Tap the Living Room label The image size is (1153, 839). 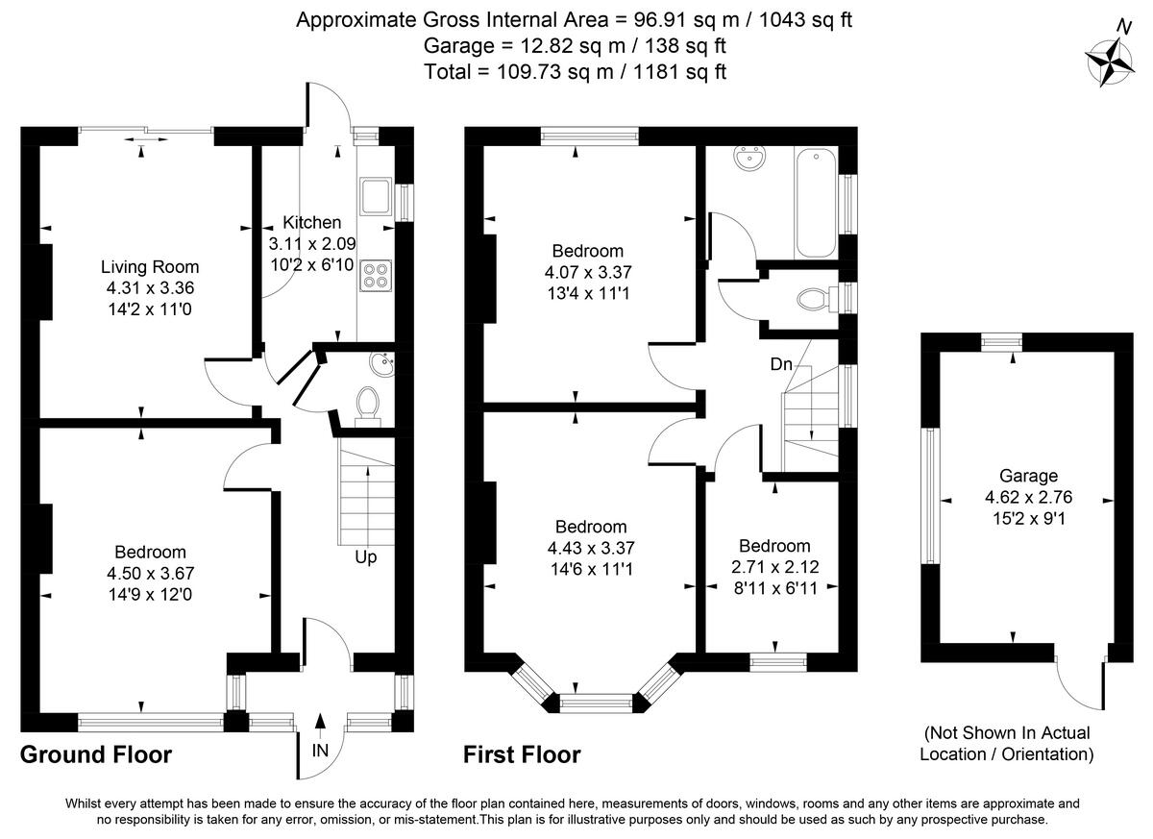150,267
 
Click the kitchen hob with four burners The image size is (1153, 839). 375,276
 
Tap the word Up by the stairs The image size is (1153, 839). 365,557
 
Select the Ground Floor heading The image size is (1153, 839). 96,754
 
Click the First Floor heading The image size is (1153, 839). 522,754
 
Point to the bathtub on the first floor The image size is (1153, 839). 817,203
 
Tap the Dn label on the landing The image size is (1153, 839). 781,365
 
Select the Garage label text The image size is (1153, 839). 1028,476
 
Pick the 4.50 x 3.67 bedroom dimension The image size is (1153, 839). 150,573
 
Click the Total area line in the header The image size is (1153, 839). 575,71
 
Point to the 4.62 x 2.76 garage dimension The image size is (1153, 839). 1028,497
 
